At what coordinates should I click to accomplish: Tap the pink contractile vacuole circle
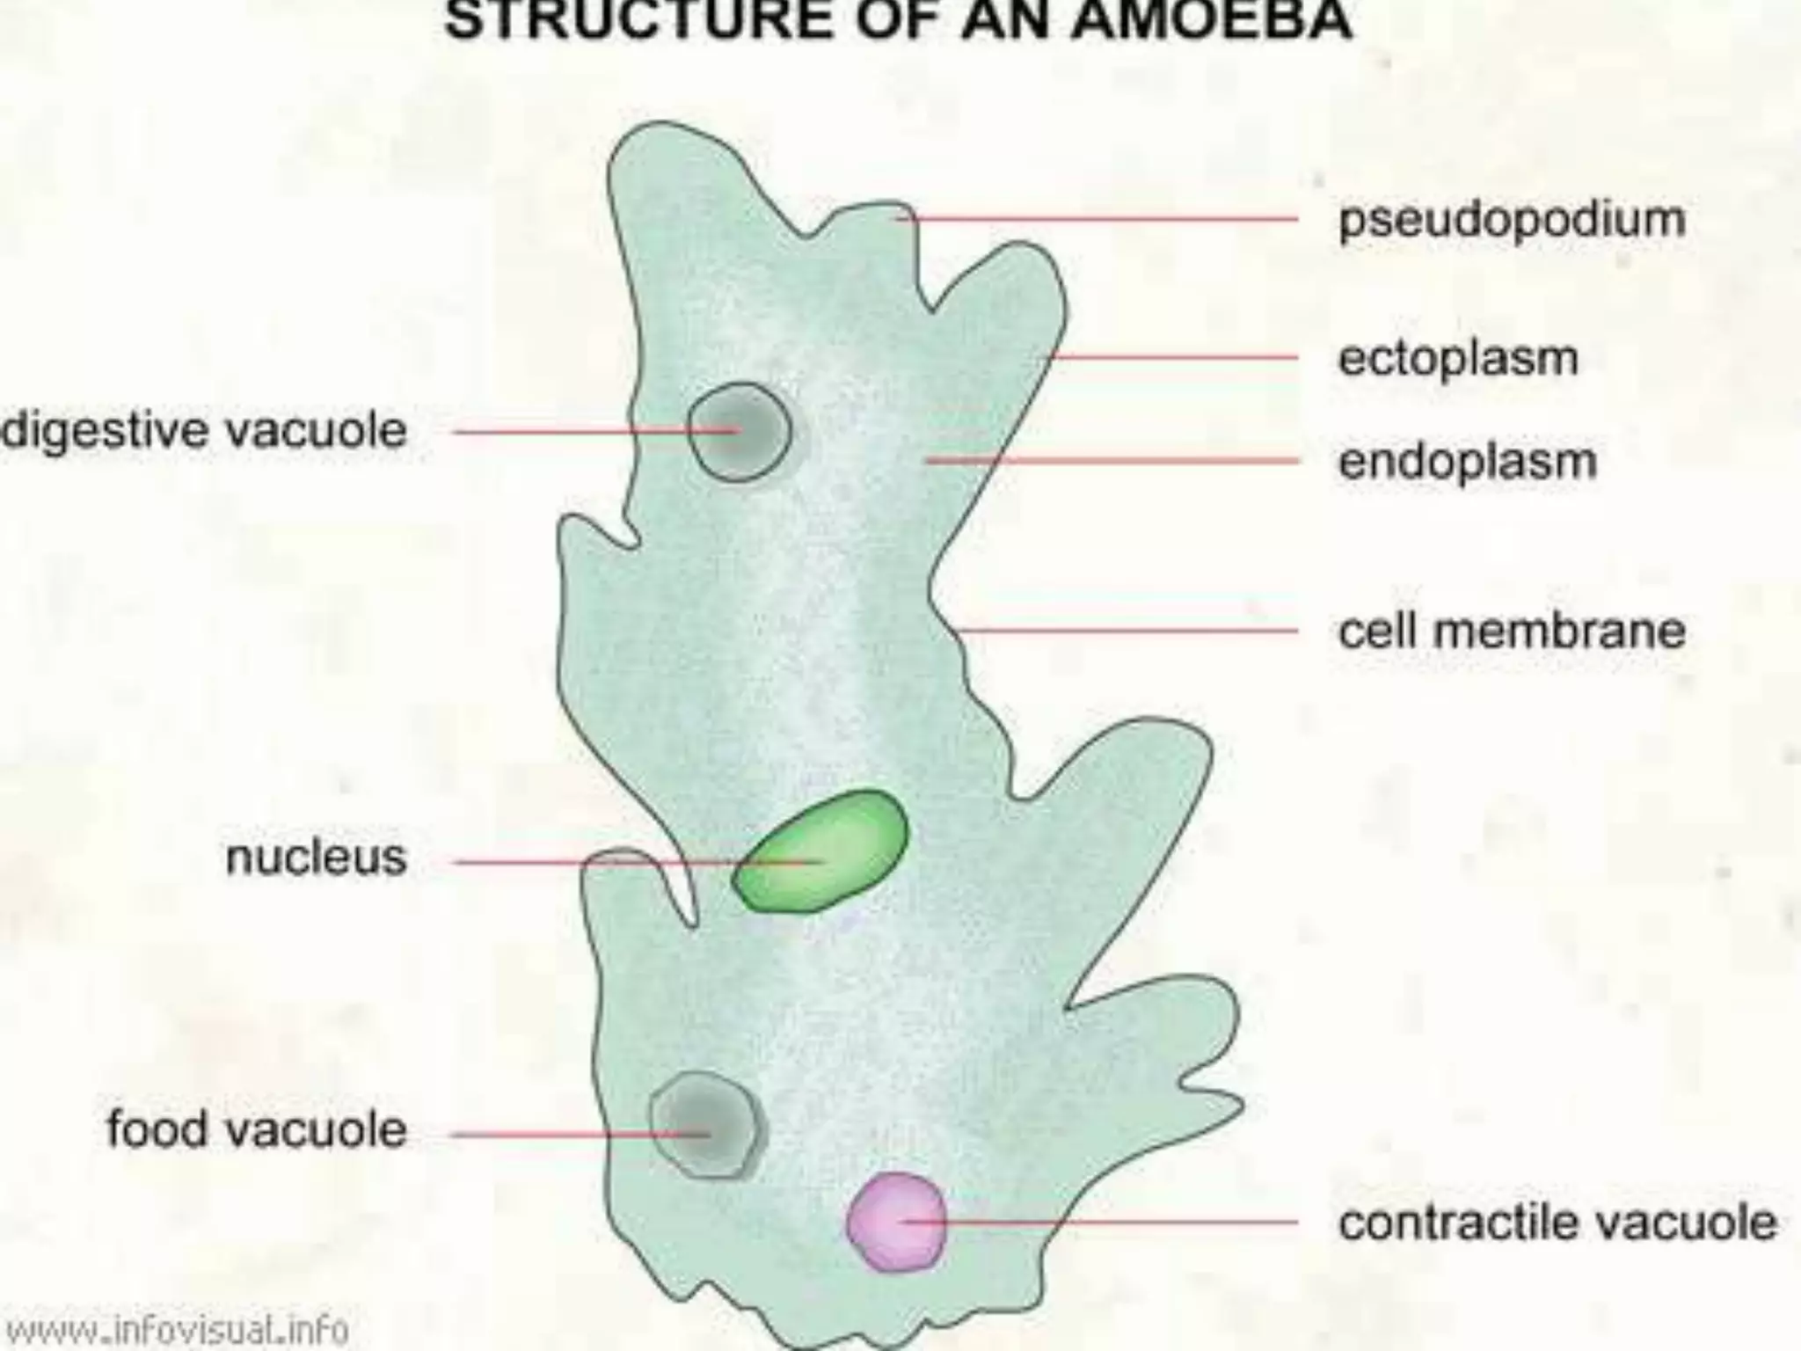point(896,1223)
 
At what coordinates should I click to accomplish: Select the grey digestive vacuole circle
point(739,432)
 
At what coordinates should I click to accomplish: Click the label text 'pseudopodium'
point(1511,219)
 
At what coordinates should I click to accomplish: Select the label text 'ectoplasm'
point(1458,358)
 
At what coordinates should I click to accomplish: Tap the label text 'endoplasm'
point(1467,461)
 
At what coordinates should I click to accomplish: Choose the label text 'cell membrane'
point(1511,631)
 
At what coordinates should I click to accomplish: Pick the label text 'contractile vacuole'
point(1557,1223)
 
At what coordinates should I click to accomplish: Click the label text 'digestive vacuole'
point(204,432)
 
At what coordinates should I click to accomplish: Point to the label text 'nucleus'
point(316,858)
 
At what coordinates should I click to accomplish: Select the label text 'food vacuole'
point(257,1129)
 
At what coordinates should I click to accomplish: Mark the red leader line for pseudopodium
point(1099,218)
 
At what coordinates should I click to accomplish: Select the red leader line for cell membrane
point(1126,631)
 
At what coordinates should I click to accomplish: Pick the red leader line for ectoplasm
point(1170,358)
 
